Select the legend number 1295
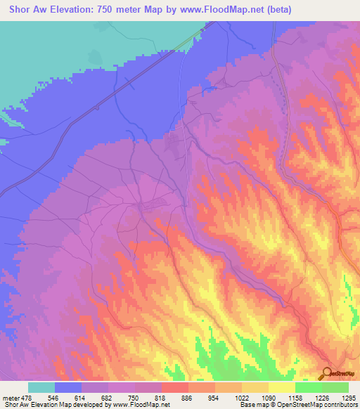348,397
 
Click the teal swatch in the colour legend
41,387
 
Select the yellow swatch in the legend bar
281,387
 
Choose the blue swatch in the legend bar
67,387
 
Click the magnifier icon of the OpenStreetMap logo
326,373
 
